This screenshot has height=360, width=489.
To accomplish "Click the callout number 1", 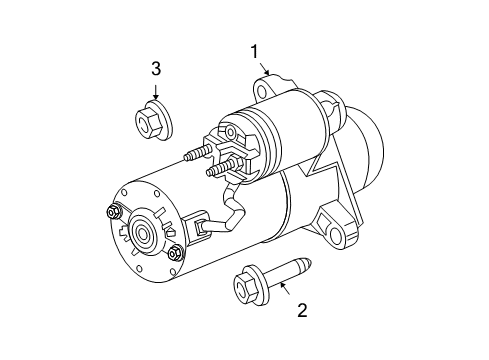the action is coord(255,51).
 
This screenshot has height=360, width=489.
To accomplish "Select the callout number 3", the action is coord(155,68).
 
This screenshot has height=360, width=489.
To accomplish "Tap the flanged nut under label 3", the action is coord(152,120).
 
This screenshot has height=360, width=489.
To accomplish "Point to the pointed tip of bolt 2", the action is coord(308,265).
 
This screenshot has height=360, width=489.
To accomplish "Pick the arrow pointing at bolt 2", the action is coord(284,289).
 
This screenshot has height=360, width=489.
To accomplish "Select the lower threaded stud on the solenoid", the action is coord(215,170).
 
